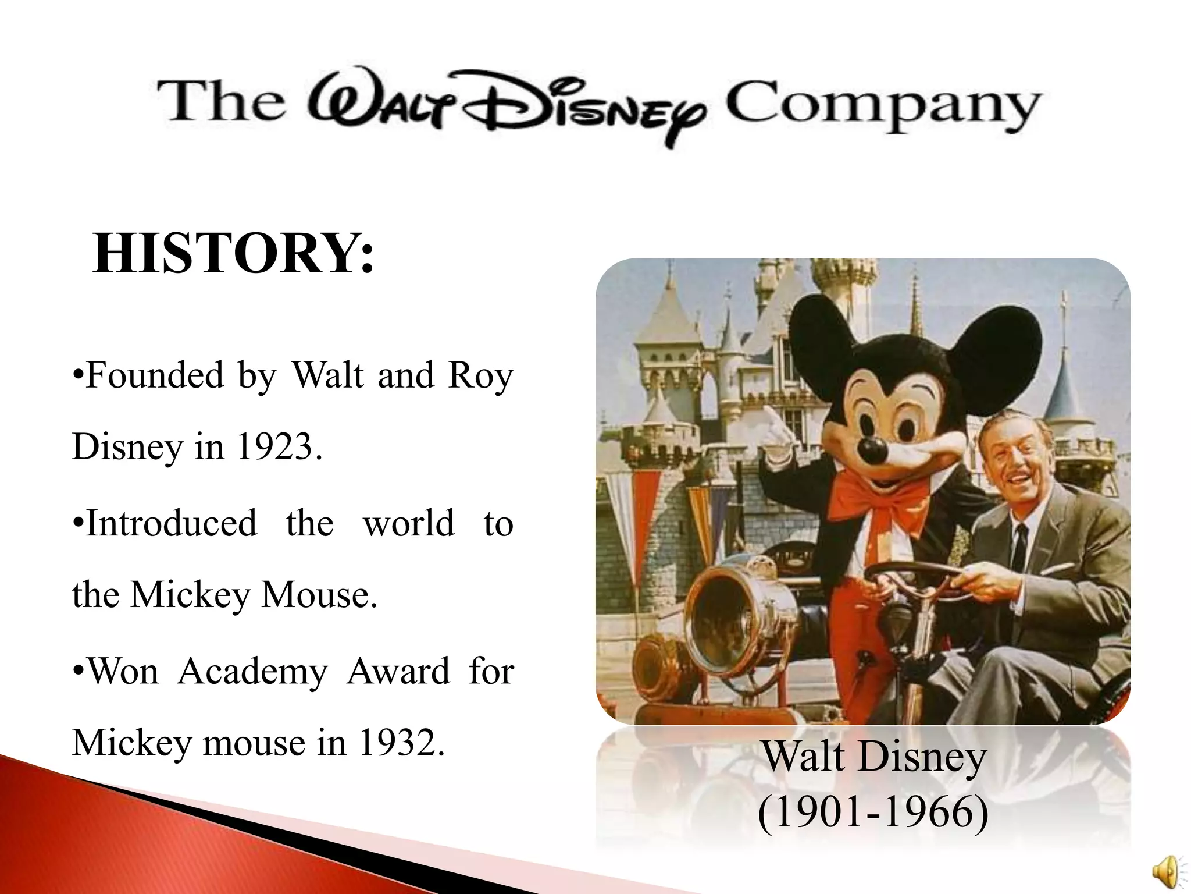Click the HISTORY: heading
(233, 254)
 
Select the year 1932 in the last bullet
(401, 743)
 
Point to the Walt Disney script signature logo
(506, 108)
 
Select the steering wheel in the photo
(913, 576)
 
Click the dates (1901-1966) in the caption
(872, 812)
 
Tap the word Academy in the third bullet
(252, 670)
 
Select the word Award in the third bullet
(398, 670)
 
